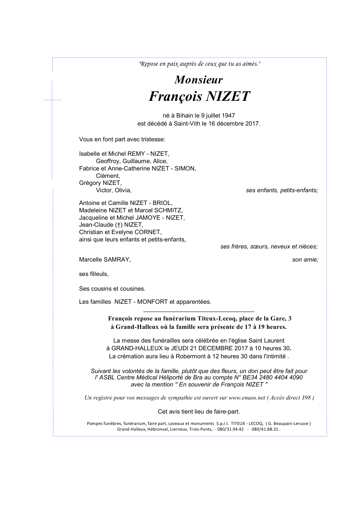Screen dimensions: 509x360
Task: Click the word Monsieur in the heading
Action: pyautogui.click(x=198, y=80)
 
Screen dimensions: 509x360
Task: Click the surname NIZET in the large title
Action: pyautogui.click(x=227, y=96)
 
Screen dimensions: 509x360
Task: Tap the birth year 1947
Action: pyautogui.click(x=228, y=116)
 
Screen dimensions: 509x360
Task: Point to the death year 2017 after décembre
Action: pyautogui.click(x=252, y=124)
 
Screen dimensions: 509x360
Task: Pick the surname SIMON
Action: pyautogui.click(x=185, y=168)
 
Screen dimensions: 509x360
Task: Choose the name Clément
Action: pyautogui.click(x=107, y=176)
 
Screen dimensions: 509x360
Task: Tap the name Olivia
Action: pyautogui.click(x=123, y=190)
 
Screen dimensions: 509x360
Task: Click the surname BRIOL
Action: pyautogui.click(x=162, y=203)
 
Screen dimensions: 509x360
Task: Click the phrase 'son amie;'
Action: pyautogui.click(x=305, y=260)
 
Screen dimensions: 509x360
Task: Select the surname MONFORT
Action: pyautogui.click(x=152, y=302)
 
